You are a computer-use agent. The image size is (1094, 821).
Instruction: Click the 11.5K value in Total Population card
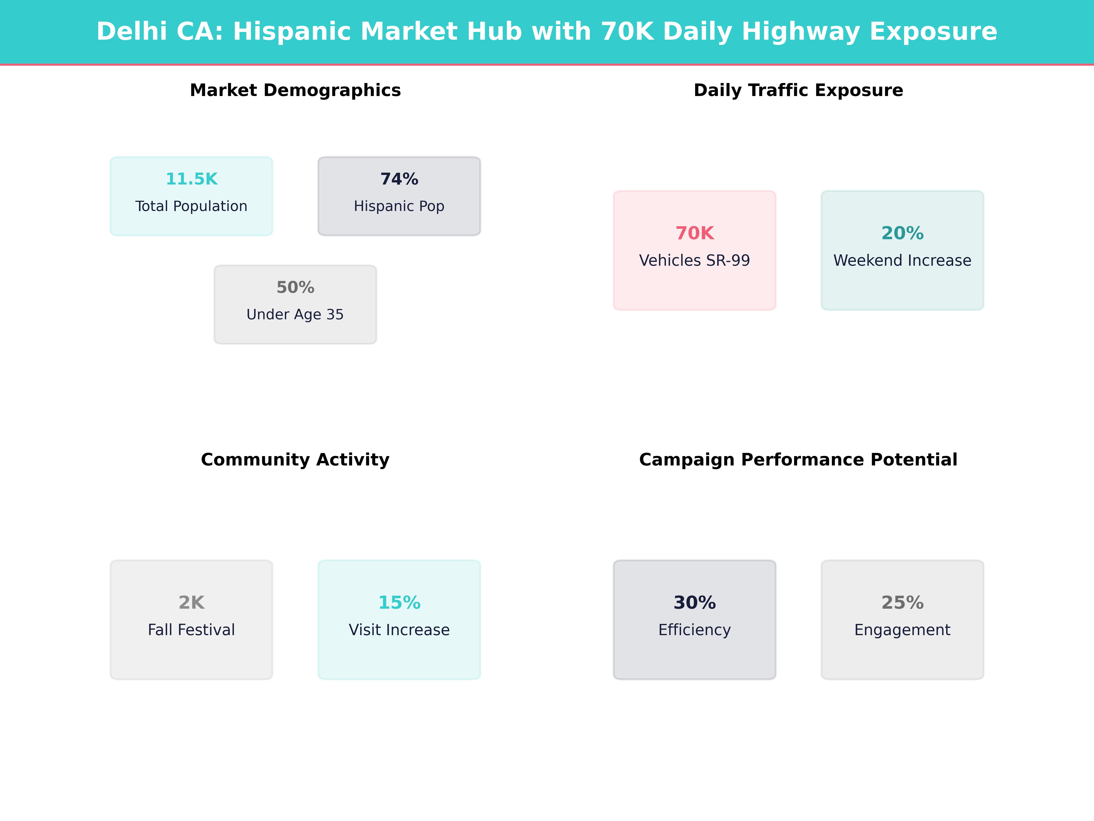[x=191, y=179]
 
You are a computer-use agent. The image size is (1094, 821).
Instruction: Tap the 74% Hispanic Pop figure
[x=399, y=179]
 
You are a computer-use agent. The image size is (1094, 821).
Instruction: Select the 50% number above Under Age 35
[x=295, y=288]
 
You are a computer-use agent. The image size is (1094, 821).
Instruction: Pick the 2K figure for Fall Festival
[x=191, y=603]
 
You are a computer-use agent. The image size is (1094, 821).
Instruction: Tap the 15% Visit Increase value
[x=399, y=603]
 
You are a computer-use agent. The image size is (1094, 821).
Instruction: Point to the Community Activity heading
[x=295, y=460]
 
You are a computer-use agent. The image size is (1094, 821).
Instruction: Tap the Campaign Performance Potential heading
[x=798, y=460]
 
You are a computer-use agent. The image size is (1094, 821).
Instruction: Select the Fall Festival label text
[x=191, y=630]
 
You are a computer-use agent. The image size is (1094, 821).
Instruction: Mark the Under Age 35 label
[x=295, y=315]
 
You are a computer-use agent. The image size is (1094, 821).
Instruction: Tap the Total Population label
[x=191, y=206]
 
